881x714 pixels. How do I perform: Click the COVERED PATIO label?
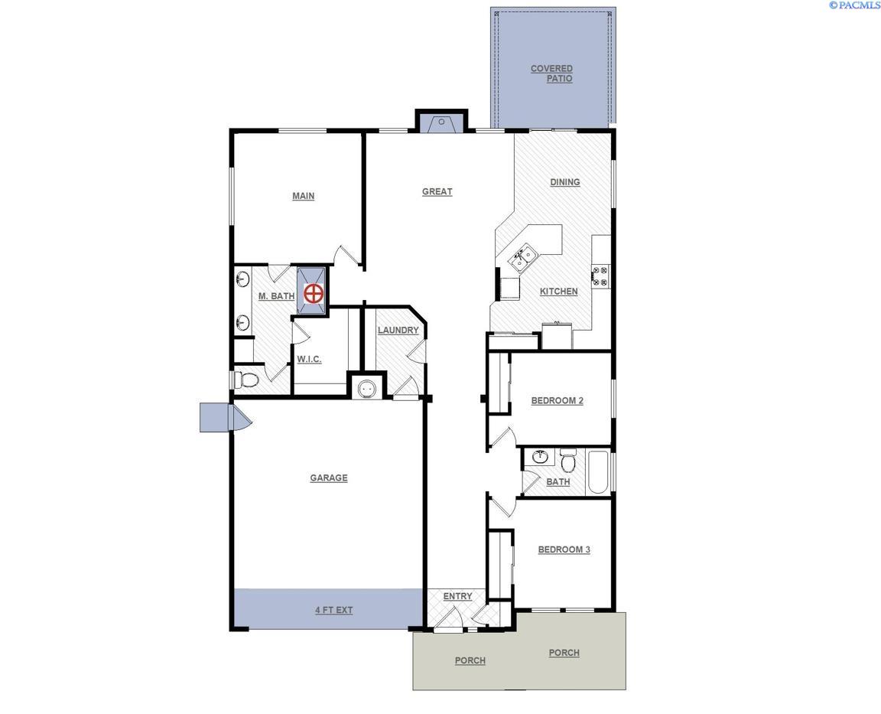click(552, 73)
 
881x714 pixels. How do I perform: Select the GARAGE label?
click(329, 478)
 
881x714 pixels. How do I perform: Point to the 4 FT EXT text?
click(334, 611)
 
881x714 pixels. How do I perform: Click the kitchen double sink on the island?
click(522, 258)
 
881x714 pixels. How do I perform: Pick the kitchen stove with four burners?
click(600, 275)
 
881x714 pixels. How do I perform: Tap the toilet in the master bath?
click(246, 379)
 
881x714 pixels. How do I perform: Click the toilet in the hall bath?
click(568, 461)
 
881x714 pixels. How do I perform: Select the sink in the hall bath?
click(541, 458)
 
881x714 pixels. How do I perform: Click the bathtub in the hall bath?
click(597, 472)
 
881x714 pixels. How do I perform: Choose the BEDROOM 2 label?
click(558, 401)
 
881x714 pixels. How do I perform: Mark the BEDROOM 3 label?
click(564, 549)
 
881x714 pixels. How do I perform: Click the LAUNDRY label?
click(398, 331)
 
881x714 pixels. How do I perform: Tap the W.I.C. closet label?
click(309, 359)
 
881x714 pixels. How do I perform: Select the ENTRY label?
click(457, 596)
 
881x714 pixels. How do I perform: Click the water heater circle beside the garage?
click(367, 388)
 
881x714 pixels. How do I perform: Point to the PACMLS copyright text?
click(854, 5)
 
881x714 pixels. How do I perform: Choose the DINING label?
click(565, 182)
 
